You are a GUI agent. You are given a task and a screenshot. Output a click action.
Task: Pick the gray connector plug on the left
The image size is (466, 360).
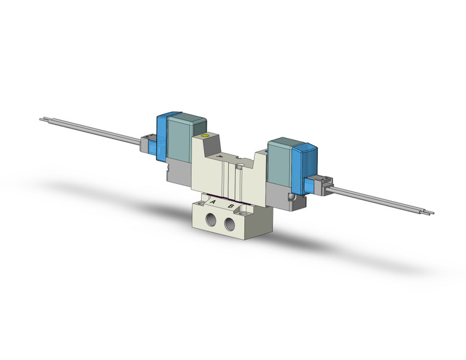[x=147, y=145]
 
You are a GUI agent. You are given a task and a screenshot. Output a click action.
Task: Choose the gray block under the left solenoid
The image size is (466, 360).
[x=178, y=172]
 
